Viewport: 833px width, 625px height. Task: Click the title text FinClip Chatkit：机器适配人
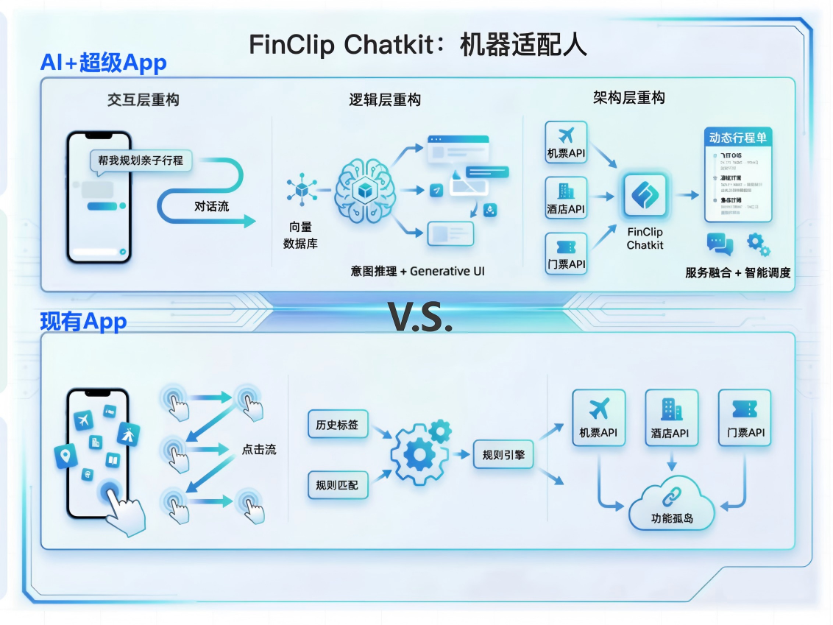coord(417,45)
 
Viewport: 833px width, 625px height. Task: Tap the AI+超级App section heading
coord(103,63)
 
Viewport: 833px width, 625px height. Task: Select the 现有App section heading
coord(82,322)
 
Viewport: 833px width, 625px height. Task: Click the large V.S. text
coord(419,316)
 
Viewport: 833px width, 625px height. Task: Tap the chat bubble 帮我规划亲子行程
coord(141,160)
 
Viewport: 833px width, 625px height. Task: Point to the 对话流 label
coord(211,206)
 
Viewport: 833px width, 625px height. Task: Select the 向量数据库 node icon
coord(300,189)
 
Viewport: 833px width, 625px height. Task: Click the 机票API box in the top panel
coord(566,143)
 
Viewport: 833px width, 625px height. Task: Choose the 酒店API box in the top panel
coord(566,197)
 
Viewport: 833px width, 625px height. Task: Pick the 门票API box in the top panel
coord(566,253)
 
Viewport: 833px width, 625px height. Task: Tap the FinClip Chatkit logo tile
coord(645,195)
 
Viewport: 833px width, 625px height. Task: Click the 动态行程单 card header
coord(740,138)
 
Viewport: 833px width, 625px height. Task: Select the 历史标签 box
coord(338,425)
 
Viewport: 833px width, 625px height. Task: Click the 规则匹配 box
coord(338,484)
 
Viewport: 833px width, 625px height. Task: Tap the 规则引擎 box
coord(503,454)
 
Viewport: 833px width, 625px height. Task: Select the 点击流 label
coord(259,449)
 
